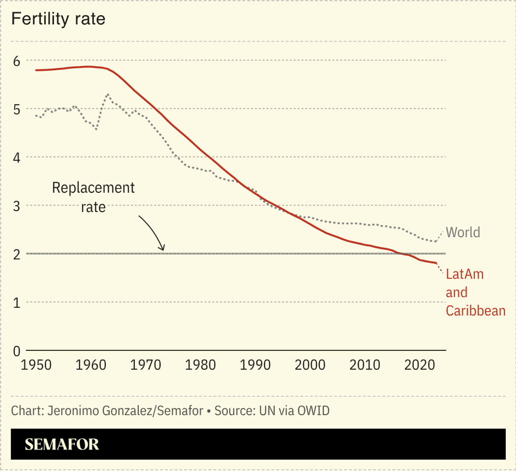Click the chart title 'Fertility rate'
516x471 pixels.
tap(58, 19)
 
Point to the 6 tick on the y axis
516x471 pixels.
tap(17, 61)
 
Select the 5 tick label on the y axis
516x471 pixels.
tap(17, 109)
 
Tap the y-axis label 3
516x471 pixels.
tap(17, 206)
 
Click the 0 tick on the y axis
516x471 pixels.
tap(17, 351)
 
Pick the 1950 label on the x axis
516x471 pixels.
tap(36, 365)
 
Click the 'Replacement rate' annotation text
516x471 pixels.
tap(93, 197)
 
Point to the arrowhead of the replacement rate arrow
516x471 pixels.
tap(163, 249)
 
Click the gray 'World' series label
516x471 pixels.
tap(463, 232)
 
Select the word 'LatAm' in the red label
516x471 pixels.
tap(464, 274)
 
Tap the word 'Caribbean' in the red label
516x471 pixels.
tap(475, 310)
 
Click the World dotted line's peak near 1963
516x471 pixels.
tap(108, 94)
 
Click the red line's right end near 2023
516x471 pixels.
tap(435, 263)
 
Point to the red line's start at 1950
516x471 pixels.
tap(36, 70)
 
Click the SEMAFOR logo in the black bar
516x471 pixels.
tap(62, 444)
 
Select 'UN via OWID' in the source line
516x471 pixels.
tap(294, 411)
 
